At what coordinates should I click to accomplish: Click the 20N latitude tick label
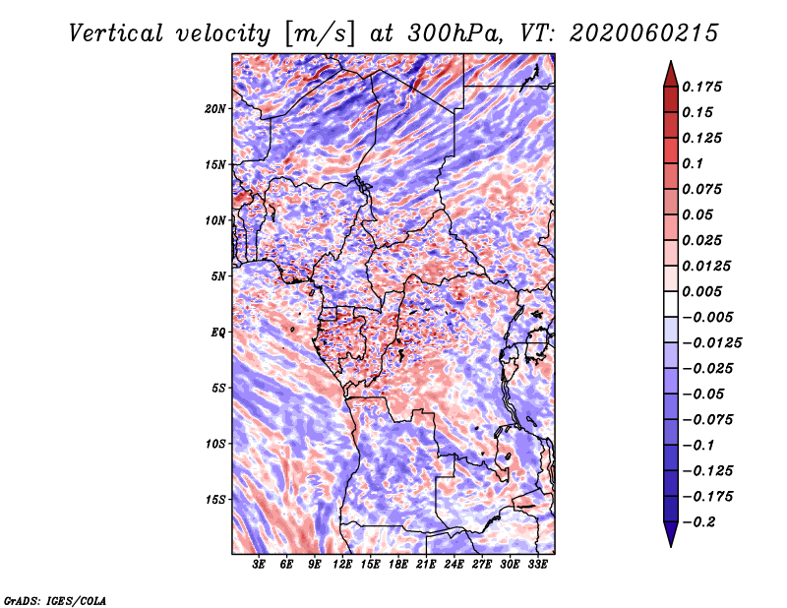pos(214,109)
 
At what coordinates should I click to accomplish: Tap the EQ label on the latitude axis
pos(217,333)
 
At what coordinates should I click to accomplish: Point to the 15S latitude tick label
pos(215,500)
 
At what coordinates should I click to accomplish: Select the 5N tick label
pos(218,276)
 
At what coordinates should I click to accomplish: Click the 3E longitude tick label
pos(259,565)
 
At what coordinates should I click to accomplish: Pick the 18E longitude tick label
pos(398,565)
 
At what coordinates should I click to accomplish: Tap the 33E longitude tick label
pos(537,565)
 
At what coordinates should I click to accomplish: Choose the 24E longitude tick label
pos(454,565)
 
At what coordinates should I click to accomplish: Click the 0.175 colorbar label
pos(701,87)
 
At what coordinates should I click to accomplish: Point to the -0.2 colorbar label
pos(698,522)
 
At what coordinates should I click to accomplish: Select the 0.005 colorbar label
pos(701,291)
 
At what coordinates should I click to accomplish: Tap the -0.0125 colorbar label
pos(711,343)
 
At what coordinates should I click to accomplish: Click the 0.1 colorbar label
pos(693,163)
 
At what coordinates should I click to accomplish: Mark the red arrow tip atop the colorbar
pos(671,61)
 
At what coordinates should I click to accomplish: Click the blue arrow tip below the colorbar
pos(671,546)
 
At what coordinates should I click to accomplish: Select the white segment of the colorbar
pos(671,304)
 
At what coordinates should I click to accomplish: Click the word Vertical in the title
pos(116,33)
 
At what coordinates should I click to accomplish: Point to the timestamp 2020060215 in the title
pos(643,33)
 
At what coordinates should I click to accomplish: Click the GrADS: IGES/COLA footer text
pos(54,600)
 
